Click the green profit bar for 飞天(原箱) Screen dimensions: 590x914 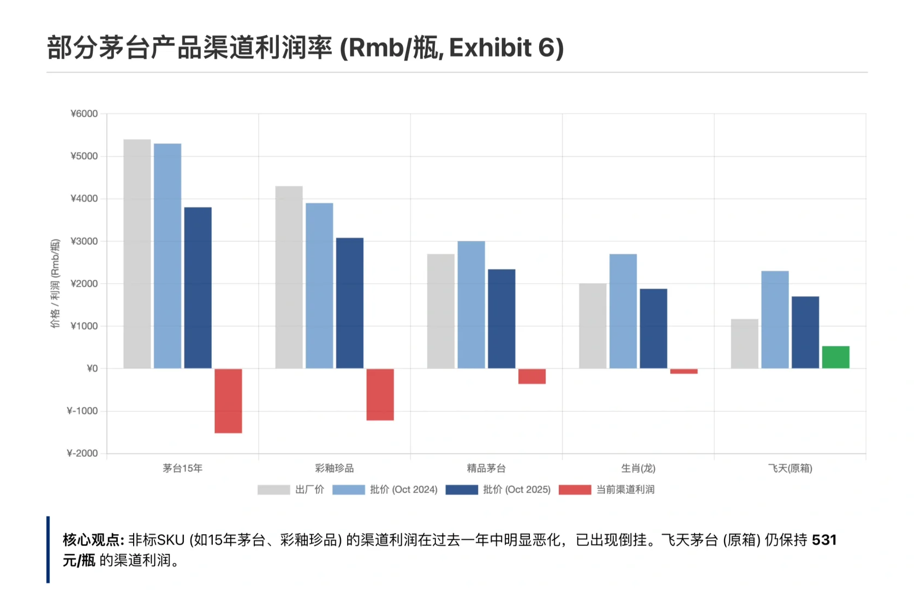(x=835, y=357)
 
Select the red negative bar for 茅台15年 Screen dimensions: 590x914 (x=228, y=401)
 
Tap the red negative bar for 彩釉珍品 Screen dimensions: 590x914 (x=380, y=394)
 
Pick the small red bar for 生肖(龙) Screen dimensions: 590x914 (x=684, y=371)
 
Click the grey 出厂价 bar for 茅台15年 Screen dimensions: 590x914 (x=137, y=254)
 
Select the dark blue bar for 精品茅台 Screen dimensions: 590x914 (x=501, y=319)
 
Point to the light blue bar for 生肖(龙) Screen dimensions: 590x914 (x=623, y=311)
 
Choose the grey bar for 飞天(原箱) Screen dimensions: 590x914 (x=744, y=344)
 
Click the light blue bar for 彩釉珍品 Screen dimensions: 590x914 (x=319, y=286)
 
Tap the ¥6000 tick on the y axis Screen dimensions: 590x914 (x=85, y=114)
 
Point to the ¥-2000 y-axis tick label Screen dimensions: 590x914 (x=82, y=453)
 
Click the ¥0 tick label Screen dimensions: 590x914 (x=92, y=369)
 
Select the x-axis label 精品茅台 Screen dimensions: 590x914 (x=486, y=468)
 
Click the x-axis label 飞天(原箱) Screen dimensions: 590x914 (x=790, y=468)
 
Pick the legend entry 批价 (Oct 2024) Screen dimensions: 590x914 (x=403, y=489)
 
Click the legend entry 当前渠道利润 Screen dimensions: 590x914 (x=625, y=489)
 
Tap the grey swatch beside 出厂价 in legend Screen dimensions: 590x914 (x=273, y=489)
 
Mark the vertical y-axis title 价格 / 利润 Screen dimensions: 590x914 (x=55, y=284)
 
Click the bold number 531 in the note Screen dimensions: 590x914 (x=824, y=540)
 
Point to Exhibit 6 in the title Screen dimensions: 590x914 (x=506, y=48)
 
